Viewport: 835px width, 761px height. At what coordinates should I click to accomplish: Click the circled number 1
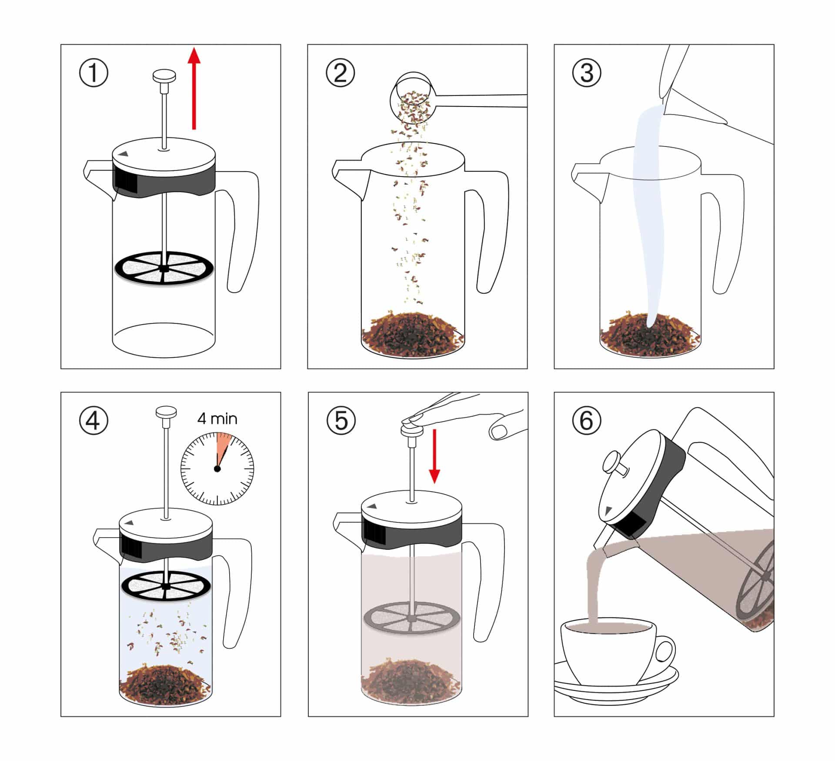[x=94, y=73]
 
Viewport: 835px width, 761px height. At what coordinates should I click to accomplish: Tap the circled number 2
[x=340, y=73]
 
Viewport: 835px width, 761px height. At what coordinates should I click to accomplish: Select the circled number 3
[x=587, y=73]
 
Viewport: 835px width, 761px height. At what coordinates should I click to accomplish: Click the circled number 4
[x=94, y=421]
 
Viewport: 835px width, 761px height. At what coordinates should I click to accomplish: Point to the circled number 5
[x=341, y=421]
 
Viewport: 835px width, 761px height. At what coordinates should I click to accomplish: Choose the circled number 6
[x=587, y=421]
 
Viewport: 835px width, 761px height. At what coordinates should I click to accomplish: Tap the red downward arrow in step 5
[x=434, y=456]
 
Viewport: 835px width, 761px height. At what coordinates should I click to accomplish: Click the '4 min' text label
[x=217, y=419]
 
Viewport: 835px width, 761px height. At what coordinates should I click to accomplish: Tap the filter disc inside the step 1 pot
[x=164, y=269]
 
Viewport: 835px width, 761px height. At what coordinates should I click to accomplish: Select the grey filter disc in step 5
[x=411, y=618]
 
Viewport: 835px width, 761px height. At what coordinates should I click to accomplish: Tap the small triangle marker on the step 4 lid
[x=129, y=522]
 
